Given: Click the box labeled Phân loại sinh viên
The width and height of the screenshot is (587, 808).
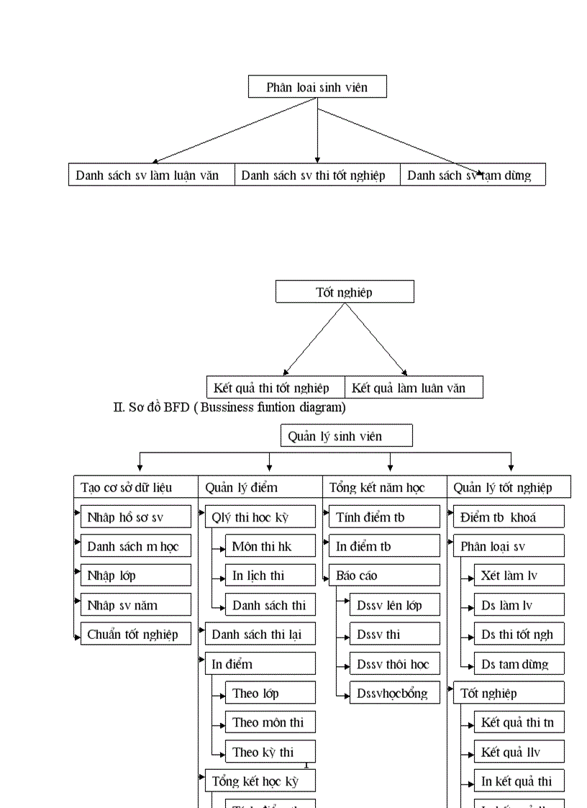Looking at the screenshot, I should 317,87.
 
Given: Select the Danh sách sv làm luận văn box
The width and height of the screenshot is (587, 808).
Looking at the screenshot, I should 152,175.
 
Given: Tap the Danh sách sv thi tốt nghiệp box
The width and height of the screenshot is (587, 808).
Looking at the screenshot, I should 317,175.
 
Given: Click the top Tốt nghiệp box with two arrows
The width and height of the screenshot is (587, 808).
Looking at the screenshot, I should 345,291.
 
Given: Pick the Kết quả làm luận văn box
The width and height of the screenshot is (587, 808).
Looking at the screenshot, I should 414,388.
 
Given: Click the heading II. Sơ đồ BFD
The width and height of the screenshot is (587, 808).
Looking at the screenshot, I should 229,407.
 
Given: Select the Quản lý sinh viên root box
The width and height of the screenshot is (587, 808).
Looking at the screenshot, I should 346,436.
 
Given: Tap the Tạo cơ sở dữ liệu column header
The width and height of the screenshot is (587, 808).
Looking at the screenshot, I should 135,487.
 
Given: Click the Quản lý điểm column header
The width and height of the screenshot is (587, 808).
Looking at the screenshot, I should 260,487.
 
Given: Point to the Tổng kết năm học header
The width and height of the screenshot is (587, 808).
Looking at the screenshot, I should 384,487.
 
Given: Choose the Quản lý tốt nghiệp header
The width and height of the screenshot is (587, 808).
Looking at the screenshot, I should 509,487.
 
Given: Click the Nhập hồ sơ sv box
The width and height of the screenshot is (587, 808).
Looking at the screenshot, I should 135,517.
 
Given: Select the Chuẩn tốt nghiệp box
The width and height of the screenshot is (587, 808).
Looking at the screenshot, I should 135,635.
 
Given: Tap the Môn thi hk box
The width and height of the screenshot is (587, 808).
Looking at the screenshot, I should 270,546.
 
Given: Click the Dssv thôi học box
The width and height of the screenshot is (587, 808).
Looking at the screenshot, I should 394,664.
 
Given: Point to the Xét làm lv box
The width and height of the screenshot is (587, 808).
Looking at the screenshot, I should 519,576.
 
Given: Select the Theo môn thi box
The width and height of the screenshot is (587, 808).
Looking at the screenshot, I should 270,722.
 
